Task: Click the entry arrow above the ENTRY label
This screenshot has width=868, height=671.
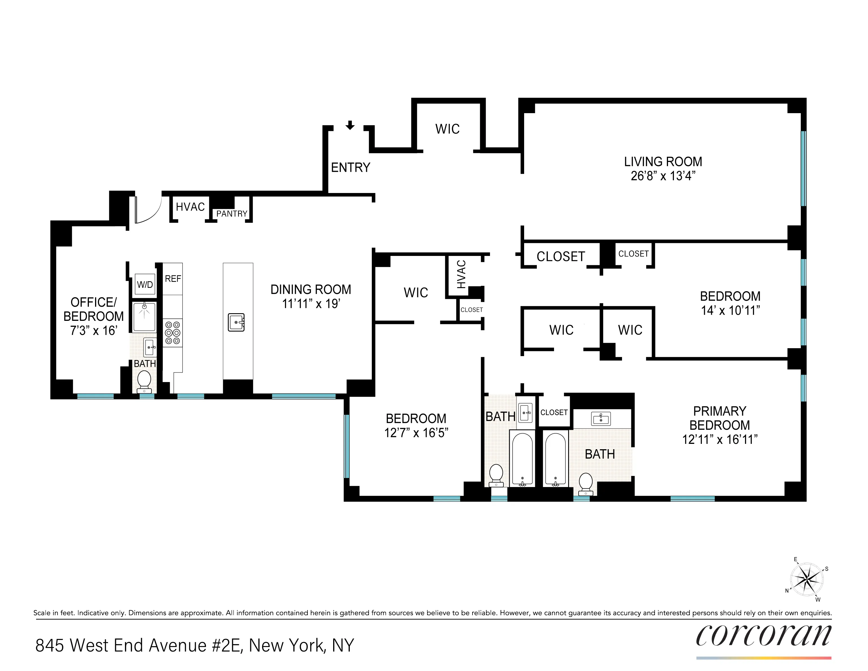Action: pyautogui.click(x=350, y=126)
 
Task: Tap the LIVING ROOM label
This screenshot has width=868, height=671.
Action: pyautogui.click(x=663, y=162)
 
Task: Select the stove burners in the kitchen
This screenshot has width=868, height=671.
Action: pyautogui.click(x=173, y=333)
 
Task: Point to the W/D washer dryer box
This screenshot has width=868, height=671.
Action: pyautogui.click(x=145, y=284)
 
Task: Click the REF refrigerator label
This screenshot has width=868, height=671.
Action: pyautogui.click(x=173, y=279)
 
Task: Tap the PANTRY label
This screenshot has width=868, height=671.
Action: pyautogui.click(x=232, y=214)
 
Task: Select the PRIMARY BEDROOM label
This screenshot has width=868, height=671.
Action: pyautogui.click(x=720, y=418)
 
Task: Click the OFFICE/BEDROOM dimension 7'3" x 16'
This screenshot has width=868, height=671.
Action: pyautogui.click(x=94, y=331)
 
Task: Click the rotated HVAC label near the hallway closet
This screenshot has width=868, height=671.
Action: pyautogui.click(x=461, y=274)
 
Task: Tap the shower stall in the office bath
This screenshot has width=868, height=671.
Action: pyautogui.click(x=144, y=317)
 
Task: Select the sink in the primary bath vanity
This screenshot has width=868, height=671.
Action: pyautogui.click(x=601, y=418)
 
